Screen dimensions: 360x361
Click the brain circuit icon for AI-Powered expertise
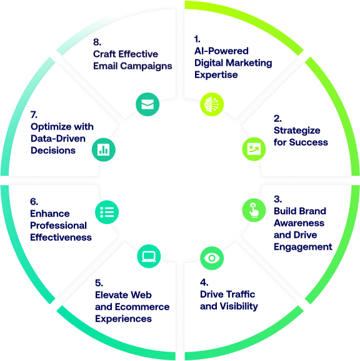point(212,104)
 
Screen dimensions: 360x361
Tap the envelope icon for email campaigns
point(147,104)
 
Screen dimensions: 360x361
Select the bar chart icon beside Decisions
point(104,150)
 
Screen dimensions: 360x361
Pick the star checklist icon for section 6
point(107,212)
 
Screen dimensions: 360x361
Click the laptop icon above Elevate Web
point(149,256)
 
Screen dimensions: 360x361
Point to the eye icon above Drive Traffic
point(212,258)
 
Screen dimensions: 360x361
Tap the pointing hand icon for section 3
point(254,210)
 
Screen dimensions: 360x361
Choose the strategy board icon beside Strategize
point(254,149)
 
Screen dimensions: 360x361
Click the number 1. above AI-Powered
point(197,39)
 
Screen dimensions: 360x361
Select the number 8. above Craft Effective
point(97,42)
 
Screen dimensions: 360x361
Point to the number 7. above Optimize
point(34,114)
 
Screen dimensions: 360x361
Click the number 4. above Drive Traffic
point(204,282)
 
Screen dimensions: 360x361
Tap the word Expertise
point(216,75)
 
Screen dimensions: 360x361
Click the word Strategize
point(297,131)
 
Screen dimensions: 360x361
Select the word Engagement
point(303,247)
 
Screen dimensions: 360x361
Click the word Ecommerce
point(142,307)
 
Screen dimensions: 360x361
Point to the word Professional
point(58,226)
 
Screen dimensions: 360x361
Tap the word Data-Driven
point(58,139)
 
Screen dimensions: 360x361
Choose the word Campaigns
point(146,66)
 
